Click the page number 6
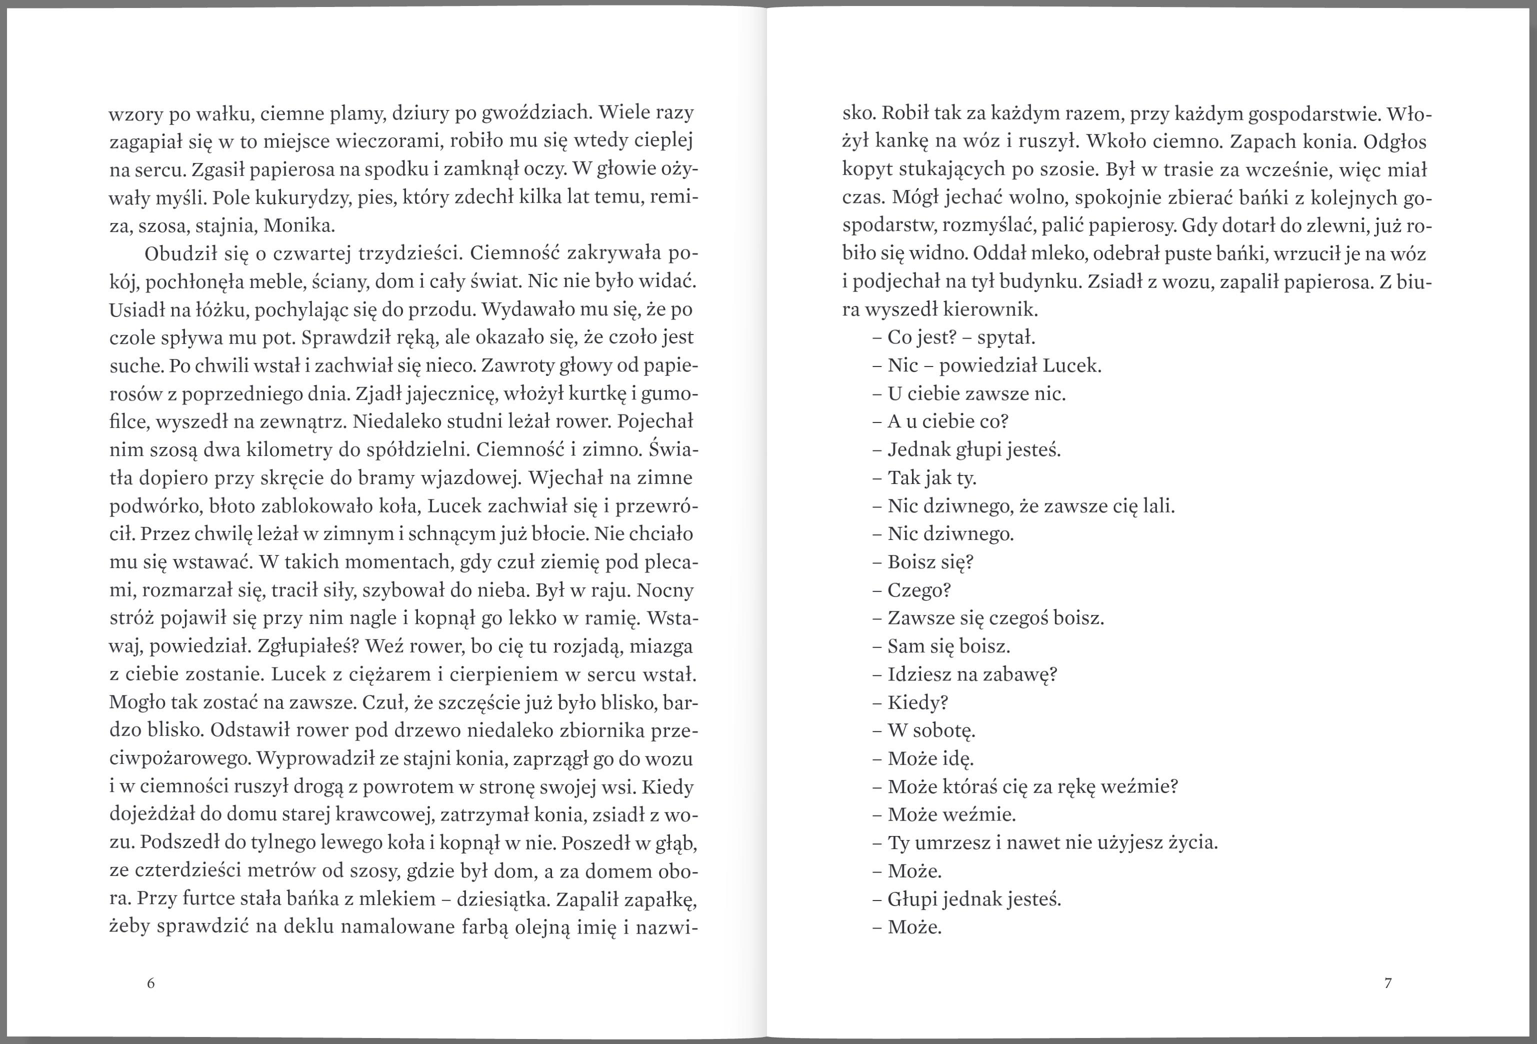pos(151,983)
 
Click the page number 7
pos(1387,983)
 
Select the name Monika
pos(299,226)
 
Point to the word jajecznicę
pos(449,394)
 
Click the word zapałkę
pos(661,899)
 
